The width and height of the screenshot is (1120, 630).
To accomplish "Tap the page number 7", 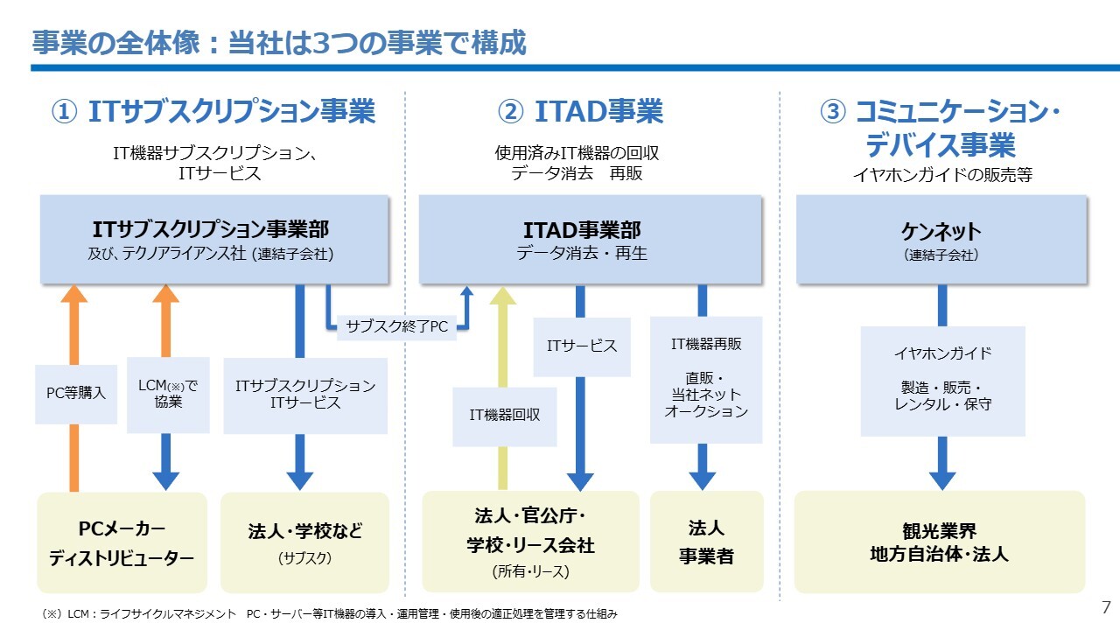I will pyautogui.click(x=1105, y=607).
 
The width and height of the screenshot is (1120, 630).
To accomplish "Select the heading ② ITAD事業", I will pyautogui.click(x=580, y=112).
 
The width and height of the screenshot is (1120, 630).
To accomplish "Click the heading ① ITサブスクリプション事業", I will pyautogui.click(x=214, y=112).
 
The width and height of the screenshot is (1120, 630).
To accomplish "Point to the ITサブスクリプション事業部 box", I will pyautogui.click(x=214, y=240).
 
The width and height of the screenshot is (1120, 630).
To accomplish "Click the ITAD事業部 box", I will pyautogui.click(x=591, y=240).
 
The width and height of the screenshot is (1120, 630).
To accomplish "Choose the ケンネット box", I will pyautogui.click(x=941, y=240).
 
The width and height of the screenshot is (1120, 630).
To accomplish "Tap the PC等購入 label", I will pyautogui.click(x=76, y=394).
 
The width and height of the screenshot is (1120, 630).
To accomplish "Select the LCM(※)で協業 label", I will pyautogui.click(x=168, y=395).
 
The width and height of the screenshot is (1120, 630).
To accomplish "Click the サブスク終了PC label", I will pyautogui.click(x=396, y=326).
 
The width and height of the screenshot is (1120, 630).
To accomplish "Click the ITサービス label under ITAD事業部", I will pyautogui.click(x=582, y=346).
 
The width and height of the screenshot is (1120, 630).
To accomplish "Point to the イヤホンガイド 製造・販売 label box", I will pyautogui.click(x=942, y=381).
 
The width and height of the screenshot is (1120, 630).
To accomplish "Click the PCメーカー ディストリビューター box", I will pyautogui.click(x=122, y=542).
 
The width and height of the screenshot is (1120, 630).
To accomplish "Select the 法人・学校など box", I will pyautogui.click(x=304, y=542).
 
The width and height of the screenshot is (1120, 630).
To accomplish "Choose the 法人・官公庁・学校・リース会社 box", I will pyautogui.click(x=530, y=542).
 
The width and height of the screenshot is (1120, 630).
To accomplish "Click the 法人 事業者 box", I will pyautogui.click(x=706, y=542).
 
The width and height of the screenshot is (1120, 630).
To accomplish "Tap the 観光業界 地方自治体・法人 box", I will pyautogui.click(x=939, y=542).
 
